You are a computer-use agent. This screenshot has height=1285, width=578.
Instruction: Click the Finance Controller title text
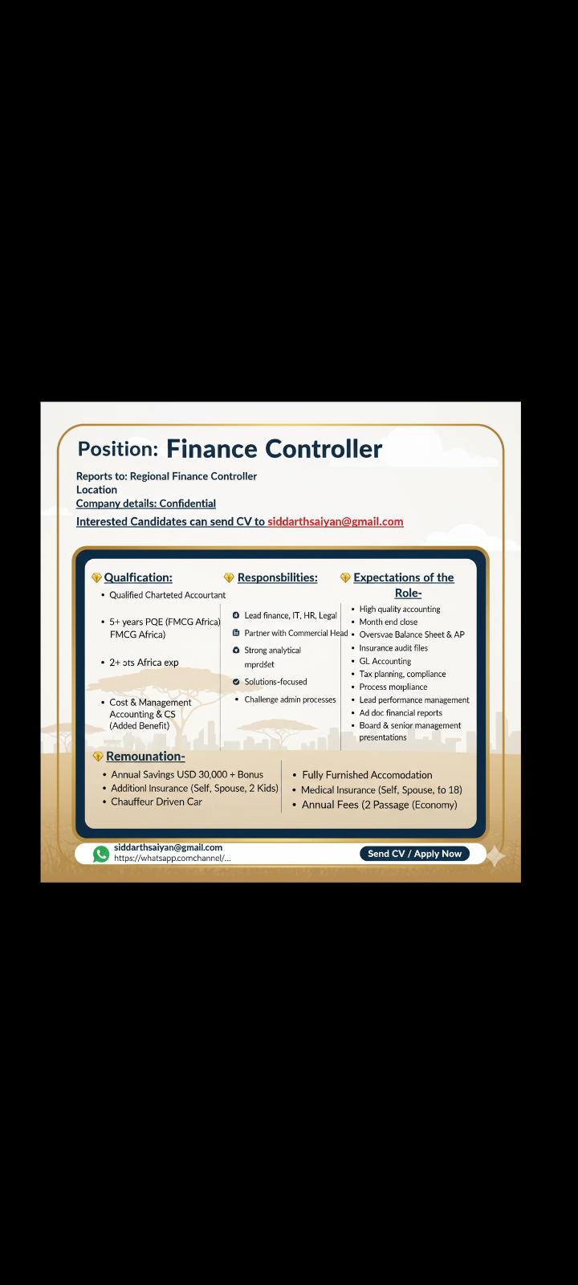click(x=274, y=449)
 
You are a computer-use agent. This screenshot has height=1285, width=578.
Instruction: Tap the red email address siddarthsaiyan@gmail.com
click(x=335, y=522)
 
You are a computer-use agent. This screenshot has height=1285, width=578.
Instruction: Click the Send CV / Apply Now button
click(x=414, y=854)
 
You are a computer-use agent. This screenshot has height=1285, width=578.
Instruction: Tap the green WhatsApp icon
click(x=101, y=854)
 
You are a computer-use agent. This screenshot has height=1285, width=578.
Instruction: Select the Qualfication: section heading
click(x=138, y=577)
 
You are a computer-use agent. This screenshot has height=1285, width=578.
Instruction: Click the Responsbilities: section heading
click(x=277, y=577)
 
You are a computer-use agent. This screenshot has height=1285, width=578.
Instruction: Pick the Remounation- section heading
click(x=145, y=757)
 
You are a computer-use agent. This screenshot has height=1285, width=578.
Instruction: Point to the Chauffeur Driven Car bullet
click(x=157, y=802)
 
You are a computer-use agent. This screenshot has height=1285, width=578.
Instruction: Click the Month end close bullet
click(x=389, y=622)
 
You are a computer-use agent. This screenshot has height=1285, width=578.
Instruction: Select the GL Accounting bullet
click(x=385, y=661)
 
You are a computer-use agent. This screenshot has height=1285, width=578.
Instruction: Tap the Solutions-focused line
click(x=275, y=682)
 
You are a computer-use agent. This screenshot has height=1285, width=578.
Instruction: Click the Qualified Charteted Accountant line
click(x=168, y=595)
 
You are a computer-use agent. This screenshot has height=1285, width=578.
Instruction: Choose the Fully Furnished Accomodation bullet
click(x=367, y=775)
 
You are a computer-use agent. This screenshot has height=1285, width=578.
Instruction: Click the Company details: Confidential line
click(x=146, y=504)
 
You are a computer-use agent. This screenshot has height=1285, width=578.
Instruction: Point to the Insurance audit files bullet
click(x=393, y=648)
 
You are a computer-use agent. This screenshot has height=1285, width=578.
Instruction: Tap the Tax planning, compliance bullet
click(x=402, y=674)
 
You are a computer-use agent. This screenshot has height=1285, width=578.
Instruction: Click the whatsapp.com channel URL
click(x=172, y=859)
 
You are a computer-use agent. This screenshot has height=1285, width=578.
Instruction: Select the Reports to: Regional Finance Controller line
click(x=166, y=476)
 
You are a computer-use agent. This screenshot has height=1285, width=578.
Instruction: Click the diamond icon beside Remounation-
click(x=98, y=757)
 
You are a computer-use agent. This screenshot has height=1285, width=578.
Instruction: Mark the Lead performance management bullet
click(x=414, y=700)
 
